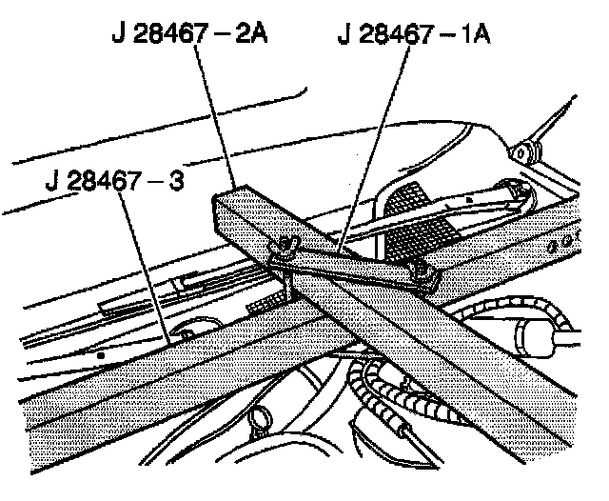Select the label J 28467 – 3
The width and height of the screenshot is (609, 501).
(112, 180)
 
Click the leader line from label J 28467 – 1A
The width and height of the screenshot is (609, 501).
(376, 143)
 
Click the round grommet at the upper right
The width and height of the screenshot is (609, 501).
(521, 150)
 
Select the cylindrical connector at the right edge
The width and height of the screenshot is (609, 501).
(542, 333)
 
